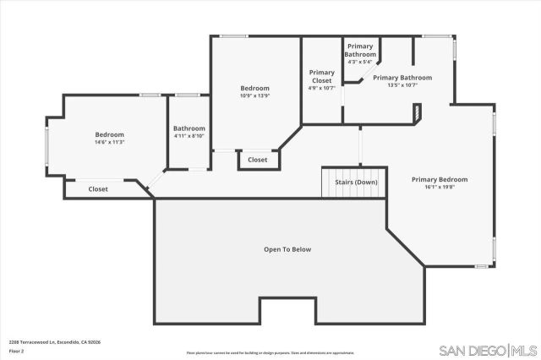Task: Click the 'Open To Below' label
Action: coord(287,249)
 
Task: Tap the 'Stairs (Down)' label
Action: coord(355,182)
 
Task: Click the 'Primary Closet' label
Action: coord(322,76)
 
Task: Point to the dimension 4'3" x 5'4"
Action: coord(360,62)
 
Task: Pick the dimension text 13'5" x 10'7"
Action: coord(402,85)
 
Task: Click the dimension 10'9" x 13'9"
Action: coord(254,95)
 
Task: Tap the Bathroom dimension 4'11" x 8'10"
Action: coord(189,136)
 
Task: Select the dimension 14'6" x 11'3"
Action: coord(109,142)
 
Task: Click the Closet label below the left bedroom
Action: coord(98,189)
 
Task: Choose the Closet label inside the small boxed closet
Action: coord(257,160)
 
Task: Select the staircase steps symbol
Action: coord(336,182)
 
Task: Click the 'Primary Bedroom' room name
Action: coord(439,179)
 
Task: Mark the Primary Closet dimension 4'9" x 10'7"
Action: coord(322,88)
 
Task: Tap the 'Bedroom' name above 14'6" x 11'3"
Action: coord(109,134)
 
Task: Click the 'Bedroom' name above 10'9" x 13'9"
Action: coord(254,88)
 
